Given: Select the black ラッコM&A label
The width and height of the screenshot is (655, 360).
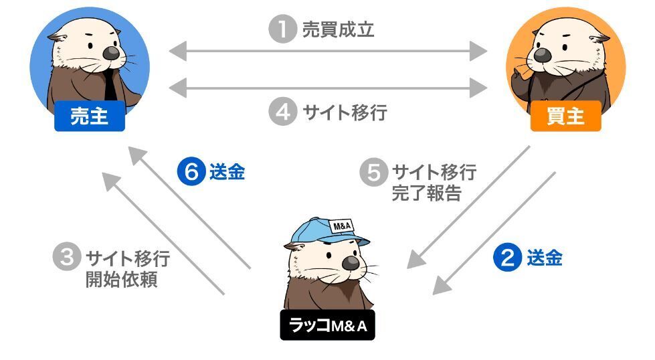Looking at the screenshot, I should coord(328,326).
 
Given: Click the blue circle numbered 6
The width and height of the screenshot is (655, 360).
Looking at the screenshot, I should coord(191,173).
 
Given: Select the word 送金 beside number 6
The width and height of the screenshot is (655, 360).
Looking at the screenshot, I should coord(227,173).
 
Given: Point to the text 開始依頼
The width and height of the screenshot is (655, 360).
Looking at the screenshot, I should coord(121,279).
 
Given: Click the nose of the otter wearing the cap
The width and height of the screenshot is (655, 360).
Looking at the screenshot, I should coord(350,264).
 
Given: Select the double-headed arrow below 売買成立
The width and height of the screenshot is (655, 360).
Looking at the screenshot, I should coord(328,50).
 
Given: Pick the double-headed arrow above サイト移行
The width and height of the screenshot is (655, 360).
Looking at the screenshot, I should coord(328,87).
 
